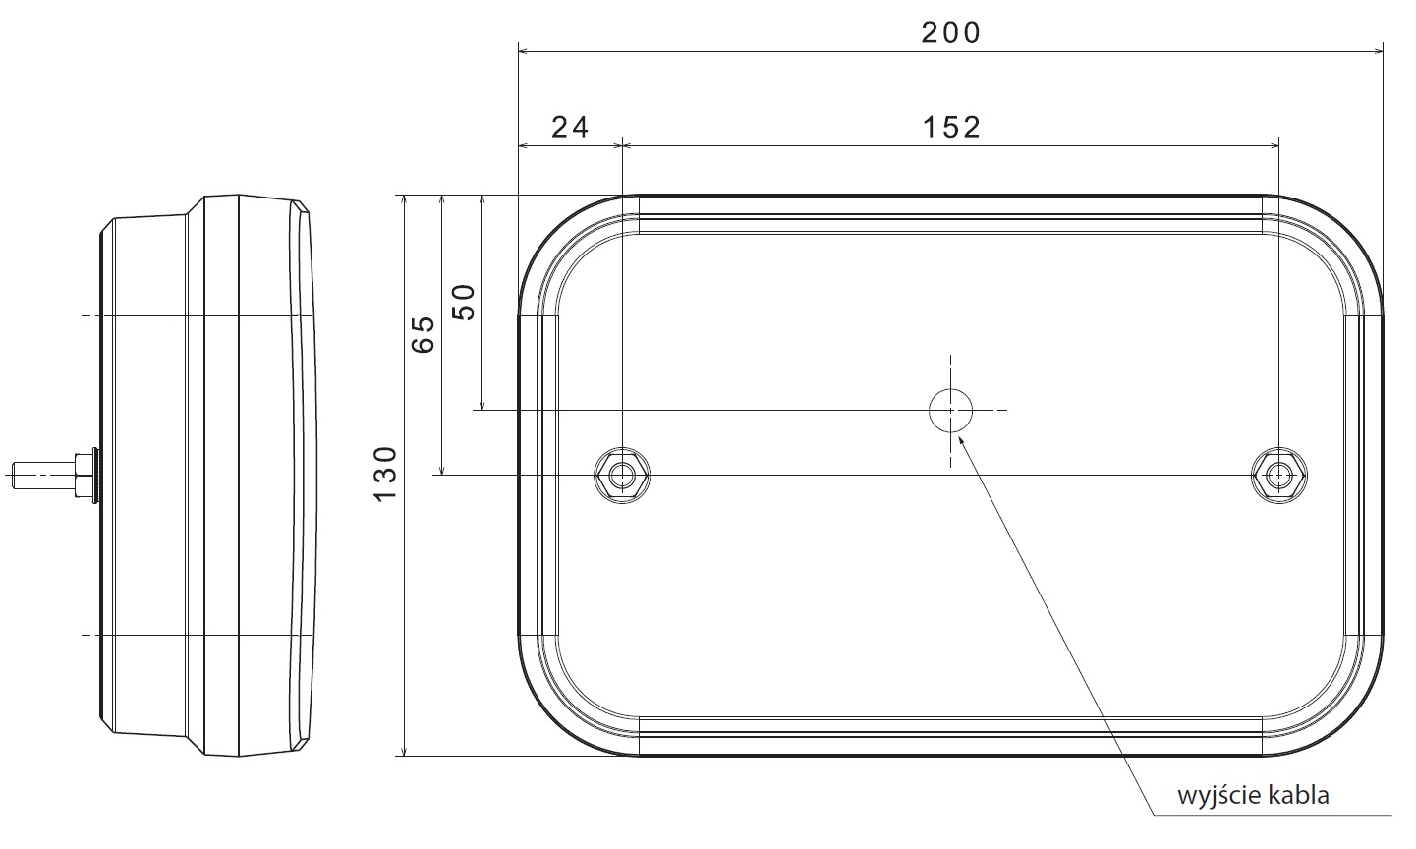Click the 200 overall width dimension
click(x=950, y=32)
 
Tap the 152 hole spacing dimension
click(x=951, y=127)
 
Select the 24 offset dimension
click(x=570, y=127)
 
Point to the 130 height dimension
click(x=385, y=475)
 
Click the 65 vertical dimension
click(x=424, y=334)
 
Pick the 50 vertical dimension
click(x=465, y=303)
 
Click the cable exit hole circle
click(x=951, y=411)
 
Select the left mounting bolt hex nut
click(x=622, y=475)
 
